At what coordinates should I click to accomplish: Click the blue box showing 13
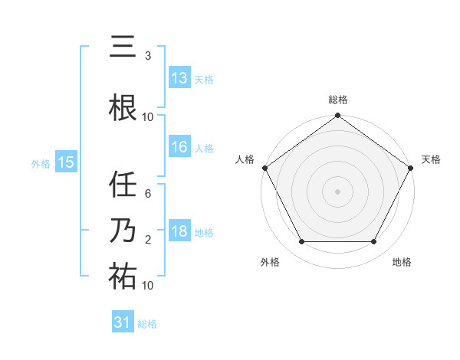tap(179, 78)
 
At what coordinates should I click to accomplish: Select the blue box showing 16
tap(179, 147)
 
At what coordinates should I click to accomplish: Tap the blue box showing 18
tap(179, 232)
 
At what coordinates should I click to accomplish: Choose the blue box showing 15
tap(66, 162)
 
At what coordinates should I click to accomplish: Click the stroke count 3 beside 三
tap(148, 56)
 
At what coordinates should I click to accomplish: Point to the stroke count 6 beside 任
tap(148, 194)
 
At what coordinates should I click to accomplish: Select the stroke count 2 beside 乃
tap(148, 240)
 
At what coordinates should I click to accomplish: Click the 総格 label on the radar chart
tap(338, 100)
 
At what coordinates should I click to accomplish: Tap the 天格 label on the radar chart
tap(432, 159)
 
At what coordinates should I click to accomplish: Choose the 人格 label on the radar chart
tap(245, 159)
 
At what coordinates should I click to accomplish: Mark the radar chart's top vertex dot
tap(338, 116)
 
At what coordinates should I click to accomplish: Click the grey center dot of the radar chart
tap(338, 191)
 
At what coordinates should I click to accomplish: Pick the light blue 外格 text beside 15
tap(41, 163)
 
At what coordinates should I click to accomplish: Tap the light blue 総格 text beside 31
tap(148, 324)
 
